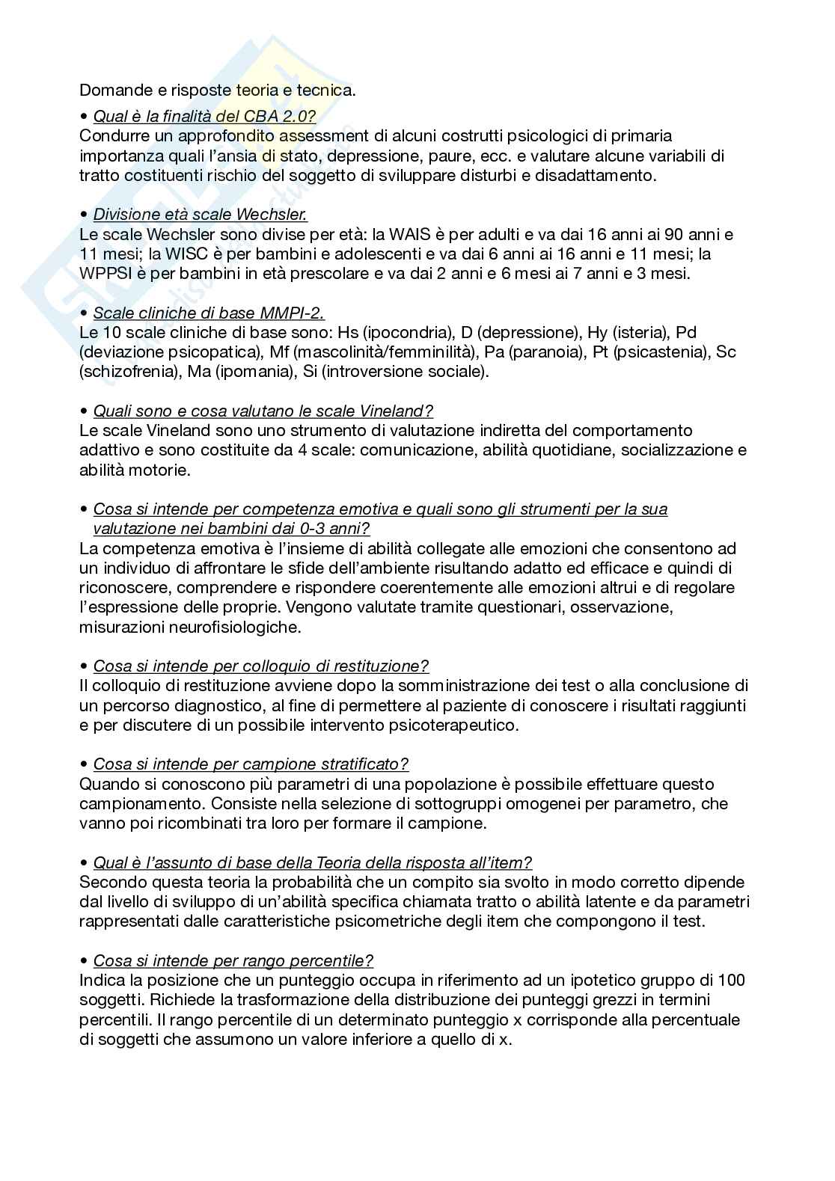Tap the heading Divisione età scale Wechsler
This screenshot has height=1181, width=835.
(200, 215)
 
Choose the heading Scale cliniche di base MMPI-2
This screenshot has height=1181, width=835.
(209, 313)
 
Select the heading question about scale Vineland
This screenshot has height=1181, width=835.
(263, 411)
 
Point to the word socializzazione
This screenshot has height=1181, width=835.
(678, 450)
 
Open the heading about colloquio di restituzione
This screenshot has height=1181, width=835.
(260, 666)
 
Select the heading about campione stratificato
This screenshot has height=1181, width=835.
(251, 764)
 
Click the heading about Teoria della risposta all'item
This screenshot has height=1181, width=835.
(312, 862)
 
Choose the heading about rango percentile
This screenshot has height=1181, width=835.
(233, 960)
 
